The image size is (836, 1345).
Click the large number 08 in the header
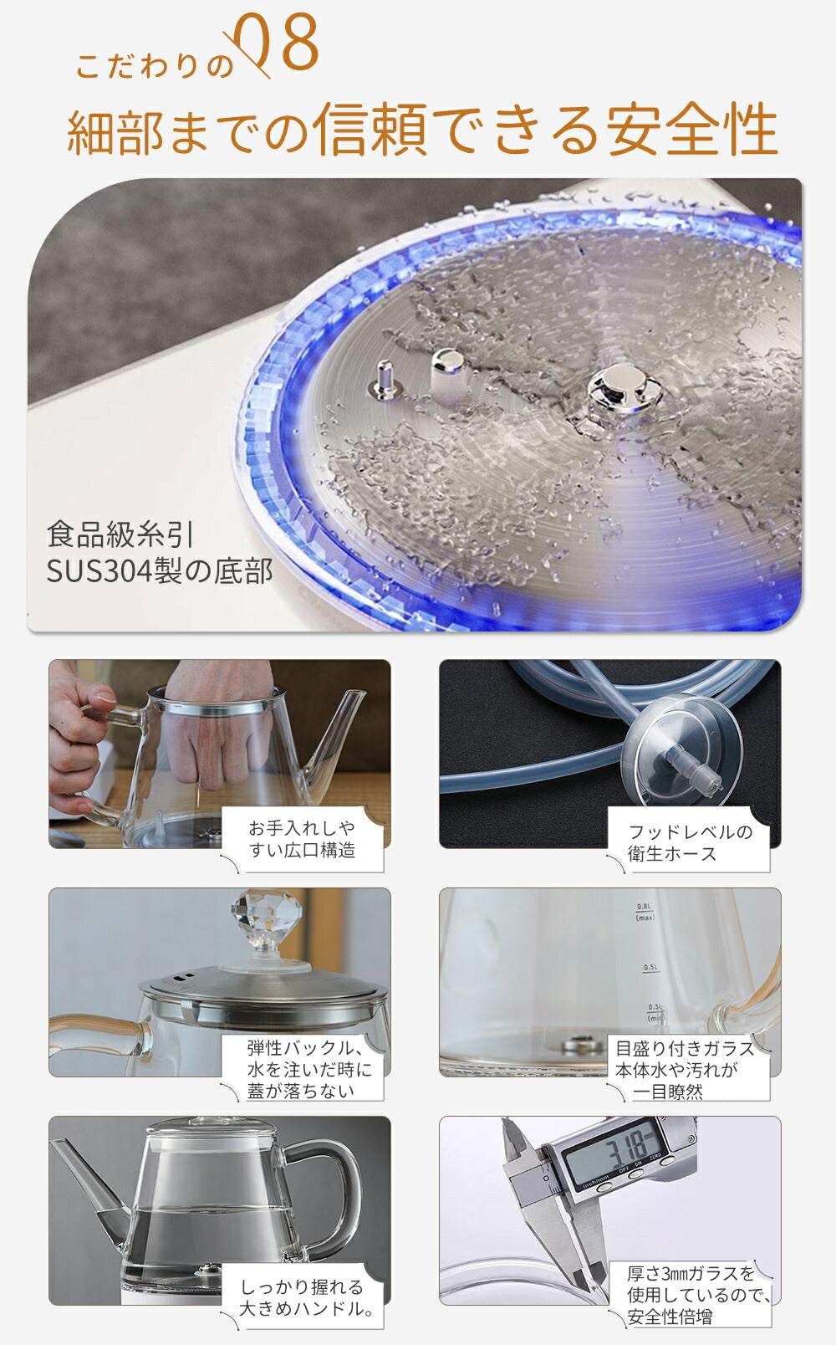pos(278,44)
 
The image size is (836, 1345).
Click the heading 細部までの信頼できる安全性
pos(422,129)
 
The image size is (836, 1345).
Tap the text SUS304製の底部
pos(160,571)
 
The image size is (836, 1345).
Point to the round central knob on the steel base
pos(624,388)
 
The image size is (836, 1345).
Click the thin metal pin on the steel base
pos(385,380)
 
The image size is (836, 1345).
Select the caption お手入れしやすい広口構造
pos(301,839)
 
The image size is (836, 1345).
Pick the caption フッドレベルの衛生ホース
pos(690,842)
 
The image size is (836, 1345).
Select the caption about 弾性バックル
pos(309,1070)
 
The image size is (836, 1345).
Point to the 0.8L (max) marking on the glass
pos(645,912)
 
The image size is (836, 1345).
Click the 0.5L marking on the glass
pos(650,968)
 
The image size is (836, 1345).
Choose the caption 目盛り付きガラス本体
pos(684,1070)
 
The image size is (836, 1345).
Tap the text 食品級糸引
pos(120,534)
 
